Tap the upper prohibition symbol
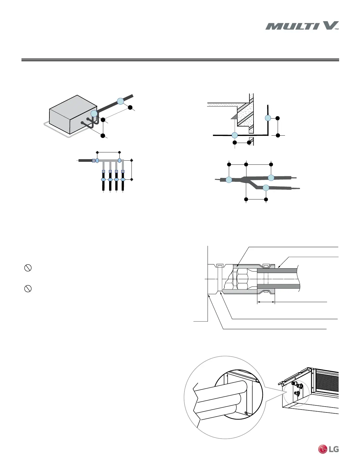coord(28,268)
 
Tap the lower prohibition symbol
coord(28,289)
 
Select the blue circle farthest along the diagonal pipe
coord(120,101)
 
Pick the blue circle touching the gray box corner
coord(94,114)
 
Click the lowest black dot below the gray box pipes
coord(103,136)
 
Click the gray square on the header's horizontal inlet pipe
coord(94,161)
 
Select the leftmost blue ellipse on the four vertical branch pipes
coord(103,179)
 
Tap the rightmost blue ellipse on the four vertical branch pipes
coord(123,179)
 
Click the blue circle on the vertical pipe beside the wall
coord(268,118)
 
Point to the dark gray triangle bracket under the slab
coord(234,116)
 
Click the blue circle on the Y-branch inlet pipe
coord(229,180)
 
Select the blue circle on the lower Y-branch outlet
coord(266,187)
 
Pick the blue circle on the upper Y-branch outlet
coord(271,177)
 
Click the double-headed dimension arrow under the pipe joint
coord(266,302)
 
